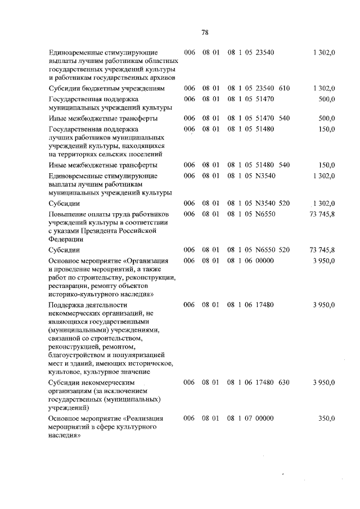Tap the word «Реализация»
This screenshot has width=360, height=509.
(151, 418)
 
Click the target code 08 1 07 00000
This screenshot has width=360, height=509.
(250, 418)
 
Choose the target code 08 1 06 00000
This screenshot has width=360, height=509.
(250, 260)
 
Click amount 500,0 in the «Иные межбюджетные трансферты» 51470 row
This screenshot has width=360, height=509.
(326, 118)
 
